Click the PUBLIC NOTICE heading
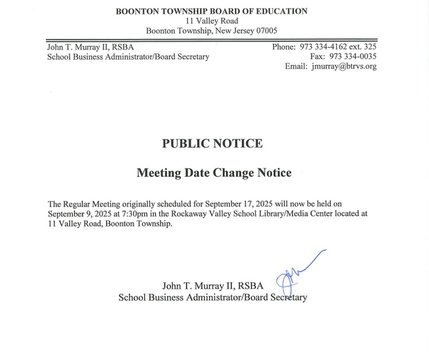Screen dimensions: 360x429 212,143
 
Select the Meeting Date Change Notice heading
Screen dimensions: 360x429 214,173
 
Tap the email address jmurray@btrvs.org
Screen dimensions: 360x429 344,66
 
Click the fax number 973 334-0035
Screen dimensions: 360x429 353,56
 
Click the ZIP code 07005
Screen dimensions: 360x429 264,31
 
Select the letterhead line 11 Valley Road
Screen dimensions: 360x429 212,21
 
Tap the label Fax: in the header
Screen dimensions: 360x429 318,56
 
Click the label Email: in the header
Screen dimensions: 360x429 296,66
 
